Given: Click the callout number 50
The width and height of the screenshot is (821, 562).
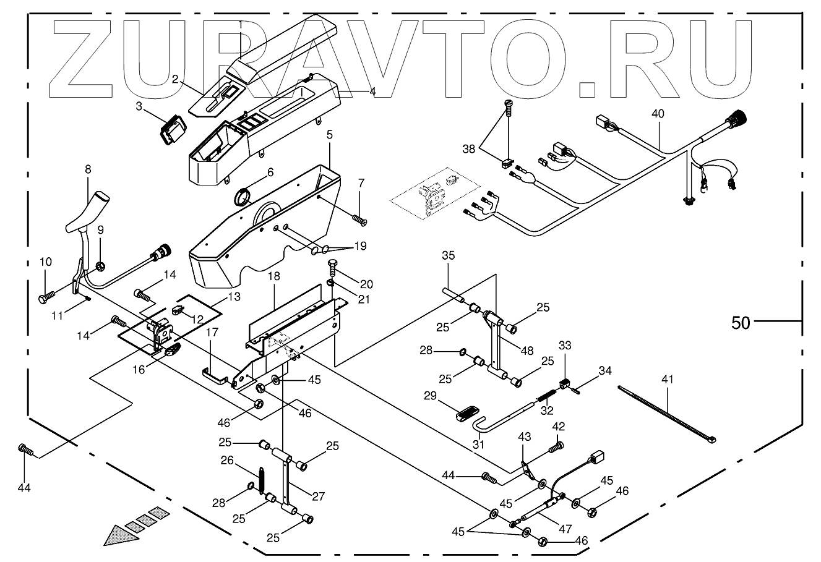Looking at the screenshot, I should click(741, 322).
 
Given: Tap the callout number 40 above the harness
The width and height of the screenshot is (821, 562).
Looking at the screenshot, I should click(658, 114).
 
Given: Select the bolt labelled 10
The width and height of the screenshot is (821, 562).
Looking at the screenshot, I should click(46, 297).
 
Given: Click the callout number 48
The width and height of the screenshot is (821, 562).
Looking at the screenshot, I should click(527, 350).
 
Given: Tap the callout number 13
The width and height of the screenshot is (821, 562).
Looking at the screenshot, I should click(233, 297).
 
